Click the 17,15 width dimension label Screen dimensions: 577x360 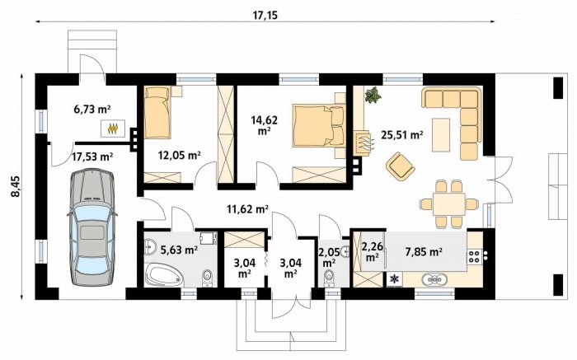(x=265, y=16)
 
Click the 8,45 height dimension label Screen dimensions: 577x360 (x=17, y=186)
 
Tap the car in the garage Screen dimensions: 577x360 (x=92, y=227)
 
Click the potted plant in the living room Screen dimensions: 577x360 (x=373, y=95)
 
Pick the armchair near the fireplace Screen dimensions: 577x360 (x=401, y=166)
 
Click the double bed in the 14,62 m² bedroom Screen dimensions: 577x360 (x=319, y=125)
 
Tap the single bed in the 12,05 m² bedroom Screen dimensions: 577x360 (x=157, y=112)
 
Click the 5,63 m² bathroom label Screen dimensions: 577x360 (x=180, y=250)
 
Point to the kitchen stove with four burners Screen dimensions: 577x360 (x=474, y=256)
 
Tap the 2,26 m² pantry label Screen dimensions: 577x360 (x=372, y=250)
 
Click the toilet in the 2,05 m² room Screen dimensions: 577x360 (x=330, y=278)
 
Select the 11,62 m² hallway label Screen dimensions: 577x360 (x=247, y=209)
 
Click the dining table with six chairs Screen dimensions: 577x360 (x=448, y=203)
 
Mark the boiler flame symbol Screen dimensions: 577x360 (x=114, y=129)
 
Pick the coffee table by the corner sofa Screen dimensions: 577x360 (x=441, y=134)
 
